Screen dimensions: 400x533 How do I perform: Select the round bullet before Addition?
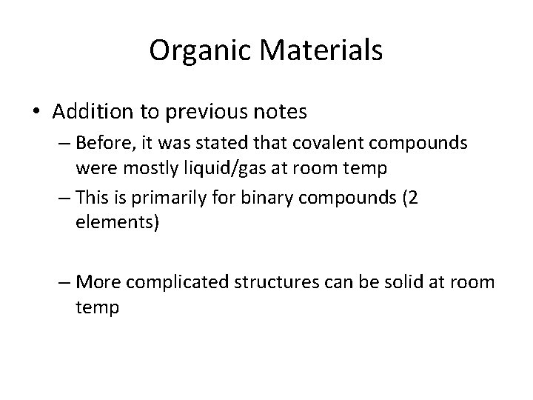36,113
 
